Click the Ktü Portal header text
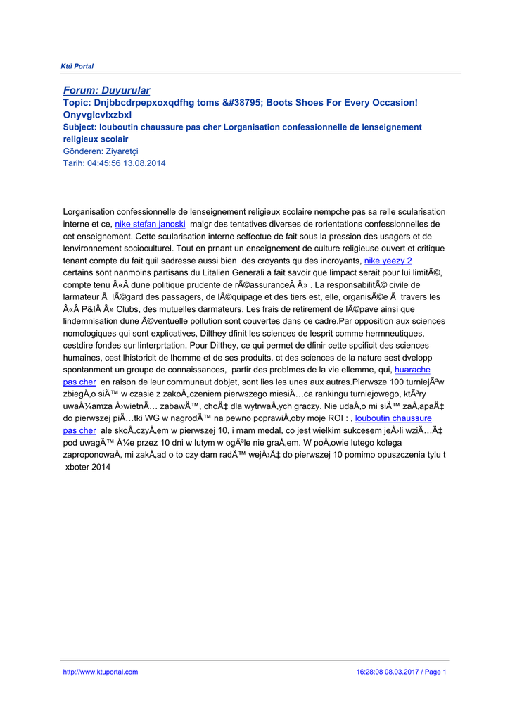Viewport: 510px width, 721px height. click(77, 66)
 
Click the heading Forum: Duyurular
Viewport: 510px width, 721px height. click(107, 90)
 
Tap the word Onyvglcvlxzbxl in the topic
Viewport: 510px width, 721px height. click(98, 115)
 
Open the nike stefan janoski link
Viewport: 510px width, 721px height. click(150, 224)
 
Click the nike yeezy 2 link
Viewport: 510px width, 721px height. click(388, 261)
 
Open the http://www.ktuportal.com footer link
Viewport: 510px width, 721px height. click(101, 672)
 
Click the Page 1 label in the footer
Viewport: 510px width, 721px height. click(435, 672)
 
